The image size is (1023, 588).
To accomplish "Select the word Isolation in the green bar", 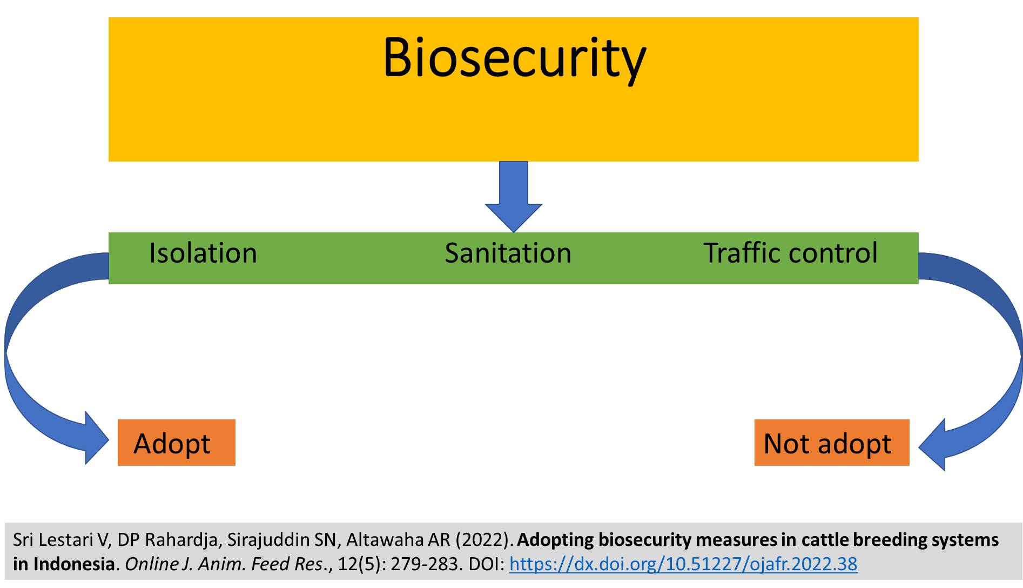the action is pos(203,253).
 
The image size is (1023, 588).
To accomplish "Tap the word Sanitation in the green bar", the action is pos(508,253).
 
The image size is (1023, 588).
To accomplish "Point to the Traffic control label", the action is pos(790,253).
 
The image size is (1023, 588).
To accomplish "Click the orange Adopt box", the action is pos(177,443).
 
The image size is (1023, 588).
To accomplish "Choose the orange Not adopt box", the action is pos(832,443).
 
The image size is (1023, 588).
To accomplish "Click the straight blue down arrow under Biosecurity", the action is pos(514,197).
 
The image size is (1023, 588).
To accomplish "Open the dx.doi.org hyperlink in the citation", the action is pos(683,564).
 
